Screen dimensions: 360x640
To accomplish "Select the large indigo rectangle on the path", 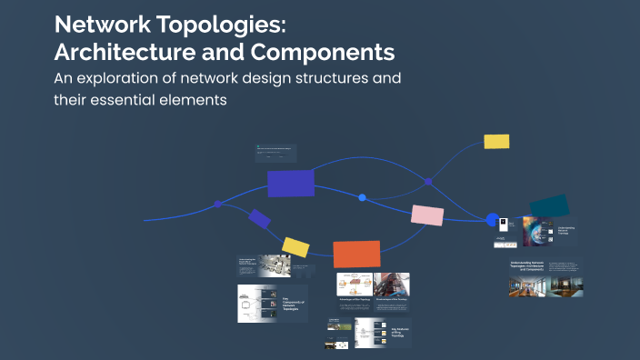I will coord(291,183).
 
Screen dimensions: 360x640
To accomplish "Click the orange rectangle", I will coord(356,254).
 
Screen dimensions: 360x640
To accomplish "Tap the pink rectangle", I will coord(427,215).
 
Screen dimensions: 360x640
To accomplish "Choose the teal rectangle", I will coord(549,207).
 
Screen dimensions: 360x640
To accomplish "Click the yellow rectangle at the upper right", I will coord(496,141).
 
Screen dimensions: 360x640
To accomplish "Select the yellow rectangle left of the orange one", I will coord(295,246).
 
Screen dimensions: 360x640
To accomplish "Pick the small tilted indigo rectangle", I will coord(260,218).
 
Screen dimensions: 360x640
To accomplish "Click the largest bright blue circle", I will coord(493,220).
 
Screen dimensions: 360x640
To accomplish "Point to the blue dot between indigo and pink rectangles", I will coord(362,197).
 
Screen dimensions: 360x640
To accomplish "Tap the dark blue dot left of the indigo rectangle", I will coord(217,203).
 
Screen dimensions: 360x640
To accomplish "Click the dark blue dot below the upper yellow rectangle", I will coord(428,182).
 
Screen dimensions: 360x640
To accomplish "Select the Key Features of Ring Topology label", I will coord(401,332).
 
